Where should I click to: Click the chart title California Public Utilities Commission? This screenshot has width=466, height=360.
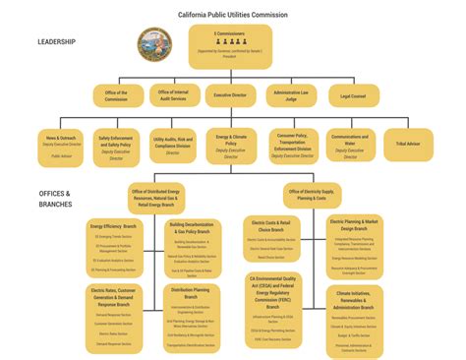[x=232, y=15]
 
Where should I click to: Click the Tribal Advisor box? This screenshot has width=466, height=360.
[x=408, y=144]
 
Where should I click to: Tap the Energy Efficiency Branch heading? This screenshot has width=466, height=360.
[x=114, y=225]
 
